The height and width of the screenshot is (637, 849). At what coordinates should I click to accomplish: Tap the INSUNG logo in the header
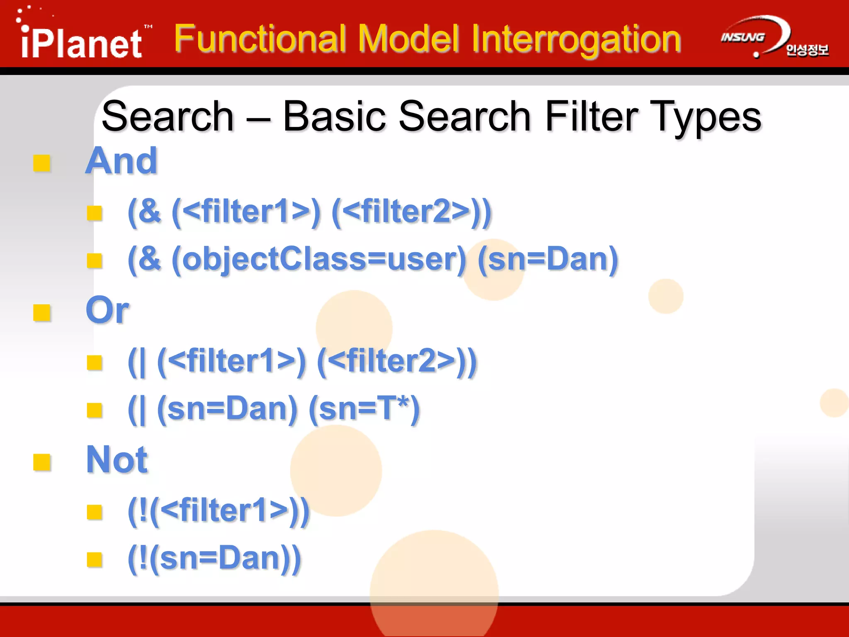point(743,38)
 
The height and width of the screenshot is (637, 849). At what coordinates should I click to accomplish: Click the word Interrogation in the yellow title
point(576,39)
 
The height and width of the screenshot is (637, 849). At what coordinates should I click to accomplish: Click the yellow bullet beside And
point(42,163)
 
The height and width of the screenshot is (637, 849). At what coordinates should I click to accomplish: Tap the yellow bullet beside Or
point(42,313)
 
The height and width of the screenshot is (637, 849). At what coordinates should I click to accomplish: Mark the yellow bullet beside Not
point(42,462)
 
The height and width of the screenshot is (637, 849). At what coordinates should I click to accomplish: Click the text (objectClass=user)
point(319,259)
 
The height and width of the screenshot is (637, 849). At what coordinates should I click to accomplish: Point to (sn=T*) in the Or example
point(364,409)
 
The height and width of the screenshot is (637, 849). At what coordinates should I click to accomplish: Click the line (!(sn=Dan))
point(214,559)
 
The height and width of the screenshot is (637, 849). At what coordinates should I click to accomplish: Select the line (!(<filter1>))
point(218,511)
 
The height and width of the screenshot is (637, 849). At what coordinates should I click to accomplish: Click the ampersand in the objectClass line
point(150,258)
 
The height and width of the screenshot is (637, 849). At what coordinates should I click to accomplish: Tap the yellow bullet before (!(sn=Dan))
point(95,559)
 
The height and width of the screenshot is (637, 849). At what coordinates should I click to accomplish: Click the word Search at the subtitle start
point(168,117)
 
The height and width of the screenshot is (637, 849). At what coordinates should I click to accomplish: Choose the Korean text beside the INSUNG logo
point(807,50)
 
